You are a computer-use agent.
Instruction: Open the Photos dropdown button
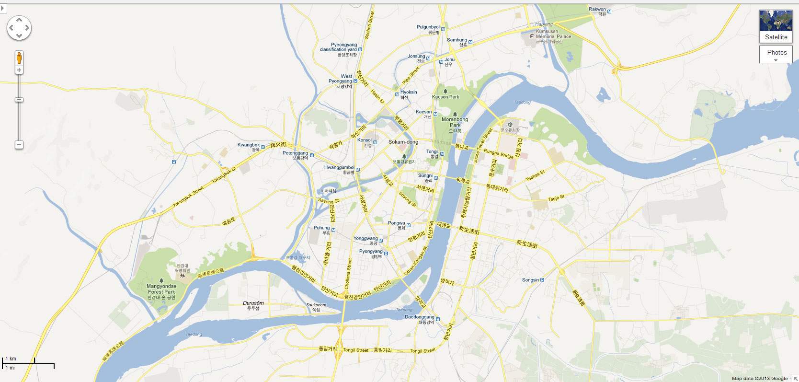coord(776,54)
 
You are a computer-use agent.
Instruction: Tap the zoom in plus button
coord(19,70)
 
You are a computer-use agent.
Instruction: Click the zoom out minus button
coord(19,145)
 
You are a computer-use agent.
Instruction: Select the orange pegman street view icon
coord(19,58)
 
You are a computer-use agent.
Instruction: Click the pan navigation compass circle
coord(19,28)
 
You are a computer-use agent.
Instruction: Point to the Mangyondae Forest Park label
coord(161,289)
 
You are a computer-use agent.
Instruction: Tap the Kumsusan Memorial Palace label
coord(553,34)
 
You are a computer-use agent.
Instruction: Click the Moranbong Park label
coord(455,122)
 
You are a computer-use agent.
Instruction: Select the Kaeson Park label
coord(445,97)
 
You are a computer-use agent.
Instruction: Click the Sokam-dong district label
coord(403,142)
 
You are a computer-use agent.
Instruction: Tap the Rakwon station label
coord(597,10)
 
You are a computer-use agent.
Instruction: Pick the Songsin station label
coord(530,280)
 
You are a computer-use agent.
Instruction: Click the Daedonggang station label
coord(420,317)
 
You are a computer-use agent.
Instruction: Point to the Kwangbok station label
coord(249,145)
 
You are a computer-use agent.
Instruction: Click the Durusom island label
coord(253,303)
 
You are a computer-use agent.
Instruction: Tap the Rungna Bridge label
coord(498,153)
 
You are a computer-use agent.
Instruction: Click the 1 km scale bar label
coord(11,359)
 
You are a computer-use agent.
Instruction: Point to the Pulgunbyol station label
coord(428,27)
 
